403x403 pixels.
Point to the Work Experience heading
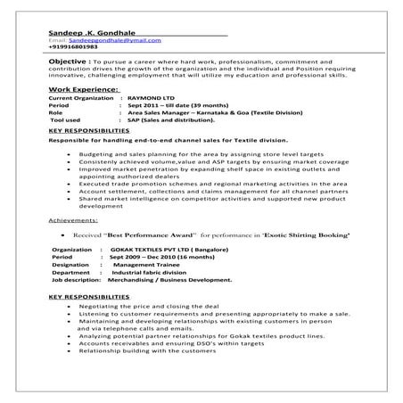(x=83, y=90)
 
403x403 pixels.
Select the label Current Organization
(x=82, y=98)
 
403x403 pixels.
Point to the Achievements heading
(x=75, y=218)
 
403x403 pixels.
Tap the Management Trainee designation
(x=148, y=266)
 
